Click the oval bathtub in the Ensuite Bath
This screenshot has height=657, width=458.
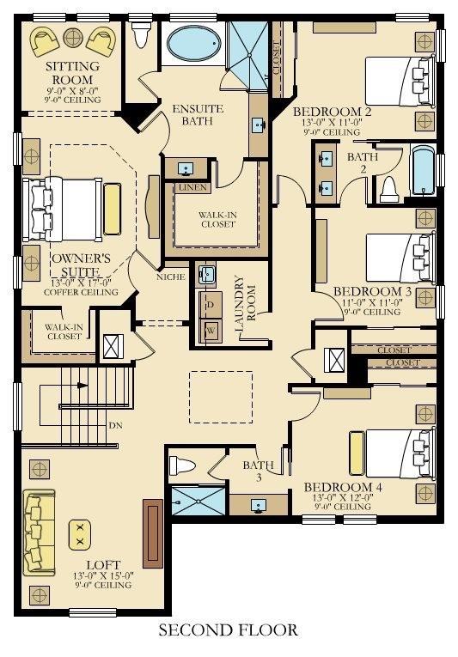(x=194, y=44)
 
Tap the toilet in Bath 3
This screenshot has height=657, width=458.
(x=182, y=465)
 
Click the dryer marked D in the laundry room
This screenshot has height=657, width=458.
(x=211, y=305)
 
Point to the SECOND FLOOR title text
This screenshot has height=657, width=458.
(x=229, y=630)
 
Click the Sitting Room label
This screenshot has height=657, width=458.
(x=72, y=73)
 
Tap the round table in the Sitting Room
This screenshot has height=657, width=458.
(x=73, y=38)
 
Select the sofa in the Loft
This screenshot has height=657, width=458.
(x=39, y=532)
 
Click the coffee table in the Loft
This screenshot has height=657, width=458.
(x=80, y=535)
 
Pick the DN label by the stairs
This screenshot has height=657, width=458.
(x=115, y=425)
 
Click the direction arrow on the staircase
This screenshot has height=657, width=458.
(x=82, y=385)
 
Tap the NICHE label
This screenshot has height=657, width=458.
(x=171, y=277)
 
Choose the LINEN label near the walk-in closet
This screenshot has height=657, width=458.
(x=192, y=187)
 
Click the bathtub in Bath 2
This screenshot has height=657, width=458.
(x=423, y=170)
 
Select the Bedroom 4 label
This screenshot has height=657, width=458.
(x=343, y=487)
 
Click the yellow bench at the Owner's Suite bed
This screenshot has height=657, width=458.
(x=113, y=209)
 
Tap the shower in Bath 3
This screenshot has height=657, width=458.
(x=198, y=502)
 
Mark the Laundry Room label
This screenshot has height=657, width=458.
(x=246, y=304)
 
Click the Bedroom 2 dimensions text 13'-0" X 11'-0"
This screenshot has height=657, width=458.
(x=332, y=122)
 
